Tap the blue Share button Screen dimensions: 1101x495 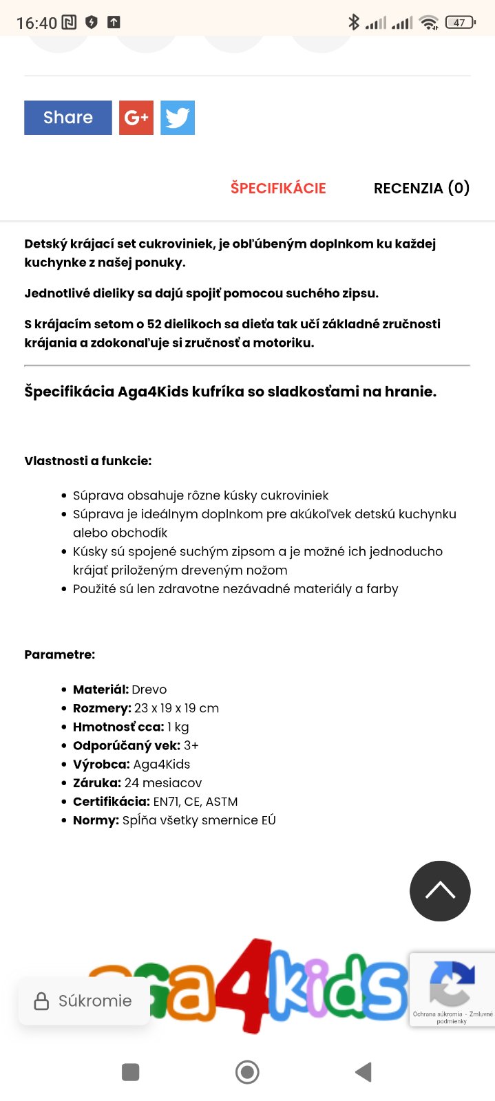(67, 118)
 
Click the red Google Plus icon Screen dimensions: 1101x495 (136, 118)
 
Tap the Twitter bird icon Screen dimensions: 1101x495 (178, 118)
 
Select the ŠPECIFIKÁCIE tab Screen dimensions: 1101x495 (278, 188)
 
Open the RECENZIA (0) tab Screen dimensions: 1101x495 (421, 188)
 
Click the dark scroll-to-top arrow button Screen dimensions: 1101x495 (440, 891)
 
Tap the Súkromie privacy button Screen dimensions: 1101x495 (83, 1001)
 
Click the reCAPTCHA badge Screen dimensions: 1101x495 (452, 990)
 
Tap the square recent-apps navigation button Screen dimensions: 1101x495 (130, 1072)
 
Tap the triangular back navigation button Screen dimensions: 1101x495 (363, 1072)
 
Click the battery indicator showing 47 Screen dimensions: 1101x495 (460, 23)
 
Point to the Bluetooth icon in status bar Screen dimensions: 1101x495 (354, 22)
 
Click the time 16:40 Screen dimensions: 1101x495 (36, 23)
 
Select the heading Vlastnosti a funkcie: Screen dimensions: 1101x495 (88, 461)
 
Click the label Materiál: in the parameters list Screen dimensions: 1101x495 (101, 690)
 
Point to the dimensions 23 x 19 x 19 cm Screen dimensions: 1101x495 (176, 708)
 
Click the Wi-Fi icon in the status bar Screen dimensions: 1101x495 (429, 23)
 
